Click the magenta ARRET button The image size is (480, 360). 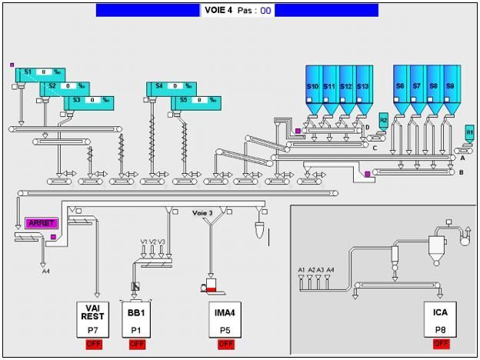click(x=42, y=223)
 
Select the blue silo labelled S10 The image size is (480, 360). click(x=312, y=88)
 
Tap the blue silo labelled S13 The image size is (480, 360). click(x=363, y=88)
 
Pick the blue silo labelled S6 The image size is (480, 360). click(x=400, y=88)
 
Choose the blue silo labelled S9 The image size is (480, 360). click(x=450, y=88)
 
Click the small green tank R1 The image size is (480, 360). click(x=470, y=132)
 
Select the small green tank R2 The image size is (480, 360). click(x=384, y=121)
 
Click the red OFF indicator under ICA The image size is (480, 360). click(x=442, y=344)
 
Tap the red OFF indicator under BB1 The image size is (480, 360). click(x=136, y=344)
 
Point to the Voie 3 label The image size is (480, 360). click(x=202, y=213)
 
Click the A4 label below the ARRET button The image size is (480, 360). click(x=45, y=271)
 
